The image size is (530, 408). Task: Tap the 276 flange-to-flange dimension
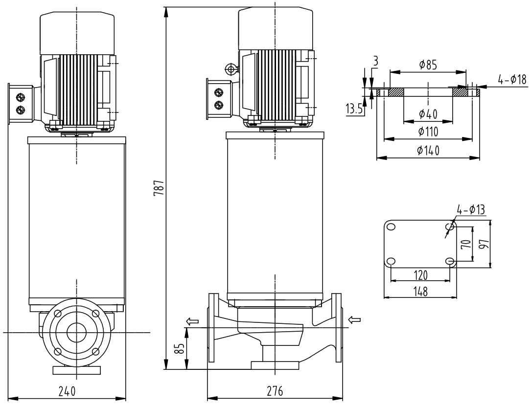coord(275,391)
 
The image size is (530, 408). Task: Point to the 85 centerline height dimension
coord(180,349)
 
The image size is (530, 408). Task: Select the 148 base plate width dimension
coord(420,291)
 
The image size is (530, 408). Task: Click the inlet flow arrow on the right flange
coord(354,320)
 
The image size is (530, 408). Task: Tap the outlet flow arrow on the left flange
coord(192,321)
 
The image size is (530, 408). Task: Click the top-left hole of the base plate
coord(391,226)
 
